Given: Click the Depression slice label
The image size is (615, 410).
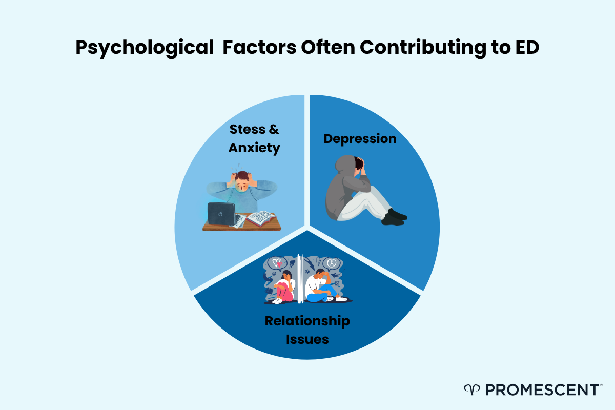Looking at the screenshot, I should tap(360, 138).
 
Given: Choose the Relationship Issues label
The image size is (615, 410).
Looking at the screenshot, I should tap(307, 330).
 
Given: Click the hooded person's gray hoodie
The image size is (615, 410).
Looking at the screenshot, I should tap(343, 190).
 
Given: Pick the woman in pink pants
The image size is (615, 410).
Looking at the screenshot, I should tap(283, 290).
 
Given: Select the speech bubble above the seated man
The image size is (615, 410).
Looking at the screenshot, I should tap(332, 262).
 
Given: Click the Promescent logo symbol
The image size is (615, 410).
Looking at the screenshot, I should tap(470, 390).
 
